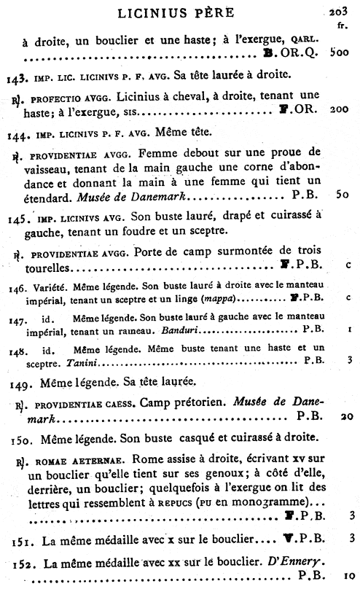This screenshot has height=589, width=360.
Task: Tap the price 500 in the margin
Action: (339, 53)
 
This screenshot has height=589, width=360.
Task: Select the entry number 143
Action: (17, 77)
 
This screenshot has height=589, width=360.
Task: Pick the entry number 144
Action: (17, 135)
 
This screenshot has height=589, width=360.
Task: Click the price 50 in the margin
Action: (340, 196)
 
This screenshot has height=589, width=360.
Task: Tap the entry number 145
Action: (17, 217)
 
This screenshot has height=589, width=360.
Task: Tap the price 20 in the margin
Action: (340, 416)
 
